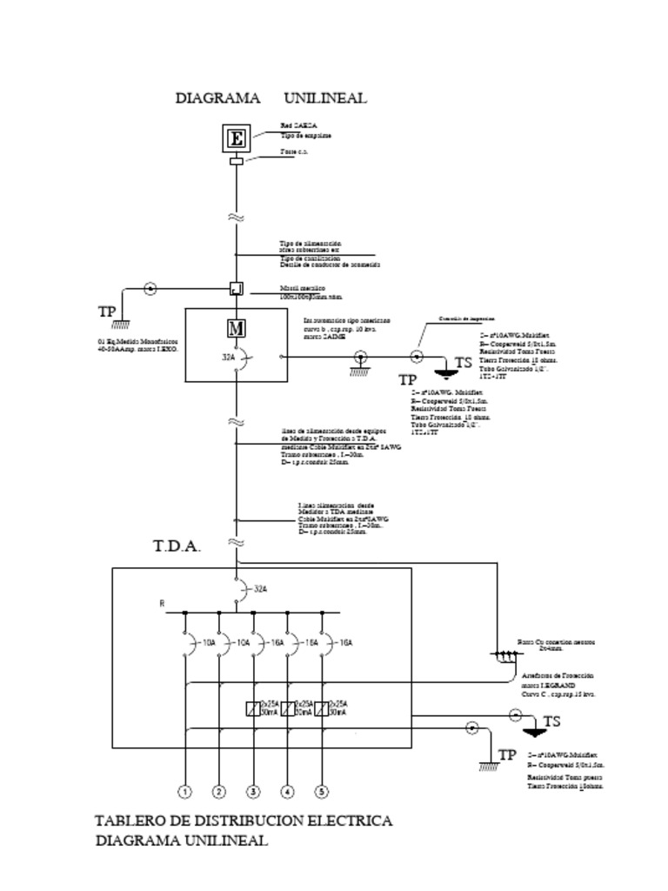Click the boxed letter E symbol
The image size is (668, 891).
point(237,138)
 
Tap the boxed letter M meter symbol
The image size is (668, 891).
point(236,328)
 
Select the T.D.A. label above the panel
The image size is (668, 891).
point(177,547)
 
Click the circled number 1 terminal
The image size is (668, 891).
point(184,792)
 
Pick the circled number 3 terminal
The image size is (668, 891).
point(253,792)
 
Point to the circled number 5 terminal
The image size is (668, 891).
point(322,792)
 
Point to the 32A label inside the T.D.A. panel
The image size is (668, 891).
point(260,589)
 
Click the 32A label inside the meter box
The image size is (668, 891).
point(228,356)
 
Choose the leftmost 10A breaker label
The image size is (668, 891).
point(209,643)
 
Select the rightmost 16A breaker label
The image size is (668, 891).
point(345,643)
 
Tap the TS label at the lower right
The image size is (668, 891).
point(551,721)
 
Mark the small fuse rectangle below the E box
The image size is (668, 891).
point(236,161)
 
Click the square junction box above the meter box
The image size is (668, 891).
point(236,288)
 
